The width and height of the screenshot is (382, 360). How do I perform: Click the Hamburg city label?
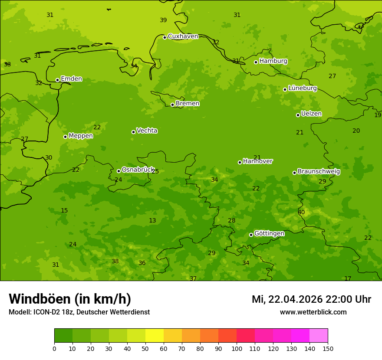click(273, 61)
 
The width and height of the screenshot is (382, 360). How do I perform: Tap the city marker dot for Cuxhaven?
click(165, 37)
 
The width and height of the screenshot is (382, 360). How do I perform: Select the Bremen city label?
click(187, 104)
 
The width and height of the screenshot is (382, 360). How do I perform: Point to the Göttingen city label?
click(269, 234)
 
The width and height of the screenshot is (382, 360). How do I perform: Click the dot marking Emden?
click(57, 80)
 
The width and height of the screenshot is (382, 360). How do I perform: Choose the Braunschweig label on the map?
click(319, 172)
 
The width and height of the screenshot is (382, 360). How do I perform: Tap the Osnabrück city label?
click(138, 170)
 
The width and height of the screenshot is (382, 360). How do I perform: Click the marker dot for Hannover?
click(240, 162)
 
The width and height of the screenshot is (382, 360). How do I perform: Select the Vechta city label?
click(147, 131)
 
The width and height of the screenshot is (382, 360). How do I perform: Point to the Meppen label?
click(81, 136)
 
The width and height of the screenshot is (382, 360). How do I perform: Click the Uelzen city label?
click(311, 114)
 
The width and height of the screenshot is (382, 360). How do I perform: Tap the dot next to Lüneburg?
click(285, 89)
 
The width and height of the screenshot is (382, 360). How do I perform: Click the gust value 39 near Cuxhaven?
click(163, 20)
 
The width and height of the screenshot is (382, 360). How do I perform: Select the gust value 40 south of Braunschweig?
click(301, 213)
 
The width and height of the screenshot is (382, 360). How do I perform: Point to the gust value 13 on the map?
click(152, 221)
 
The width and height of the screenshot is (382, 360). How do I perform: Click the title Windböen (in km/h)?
click(70, 299)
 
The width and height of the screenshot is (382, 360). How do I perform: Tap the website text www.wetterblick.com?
click(313, 312)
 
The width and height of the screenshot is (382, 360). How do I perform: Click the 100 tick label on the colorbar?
click(237, 348)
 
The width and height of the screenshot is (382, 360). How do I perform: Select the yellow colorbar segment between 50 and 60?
click(155, 336)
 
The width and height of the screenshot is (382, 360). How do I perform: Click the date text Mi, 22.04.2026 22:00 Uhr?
click(311, 299)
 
